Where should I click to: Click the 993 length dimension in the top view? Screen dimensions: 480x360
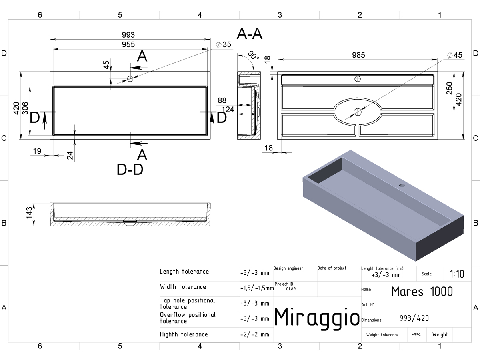(128, 35)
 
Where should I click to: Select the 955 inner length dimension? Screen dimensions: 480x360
(128, 44)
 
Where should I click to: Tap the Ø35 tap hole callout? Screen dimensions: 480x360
(224, 44)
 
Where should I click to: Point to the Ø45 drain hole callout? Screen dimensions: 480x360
(455, 55)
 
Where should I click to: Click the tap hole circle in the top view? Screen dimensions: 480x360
(130, 79)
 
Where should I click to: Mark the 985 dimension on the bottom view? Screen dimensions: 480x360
(358, 55)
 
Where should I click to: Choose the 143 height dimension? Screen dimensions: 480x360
(29, 213)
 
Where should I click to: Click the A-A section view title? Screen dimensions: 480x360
(250, 34)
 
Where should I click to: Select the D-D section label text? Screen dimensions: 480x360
(130, 169)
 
